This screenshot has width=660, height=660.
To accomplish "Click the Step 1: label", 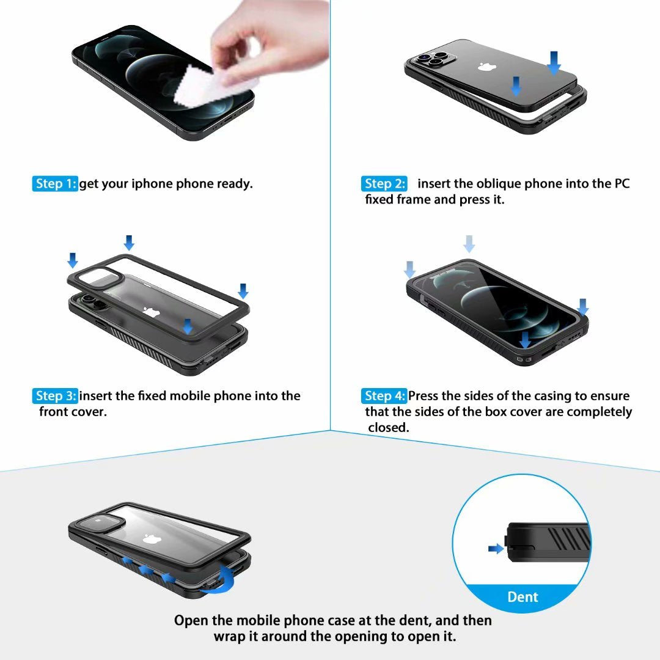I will click(55, 184).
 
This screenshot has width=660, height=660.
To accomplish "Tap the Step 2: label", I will click(384, 184).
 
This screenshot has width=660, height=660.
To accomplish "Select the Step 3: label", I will click(55, 396).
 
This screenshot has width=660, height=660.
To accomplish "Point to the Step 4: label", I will click(384, 396).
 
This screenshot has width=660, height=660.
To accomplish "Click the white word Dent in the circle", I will click(522, 596).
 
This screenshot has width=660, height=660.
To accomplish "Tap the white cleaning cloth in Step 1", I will click(196, 89).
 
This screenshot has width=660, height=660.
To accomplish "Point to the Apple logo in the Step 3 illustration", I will click(148, 312).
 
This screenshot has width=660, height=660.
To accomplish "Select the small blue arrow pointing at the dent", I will click(496, 549).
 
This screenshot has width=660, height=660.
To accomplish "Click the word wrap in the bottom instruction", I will click(228, 636).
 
